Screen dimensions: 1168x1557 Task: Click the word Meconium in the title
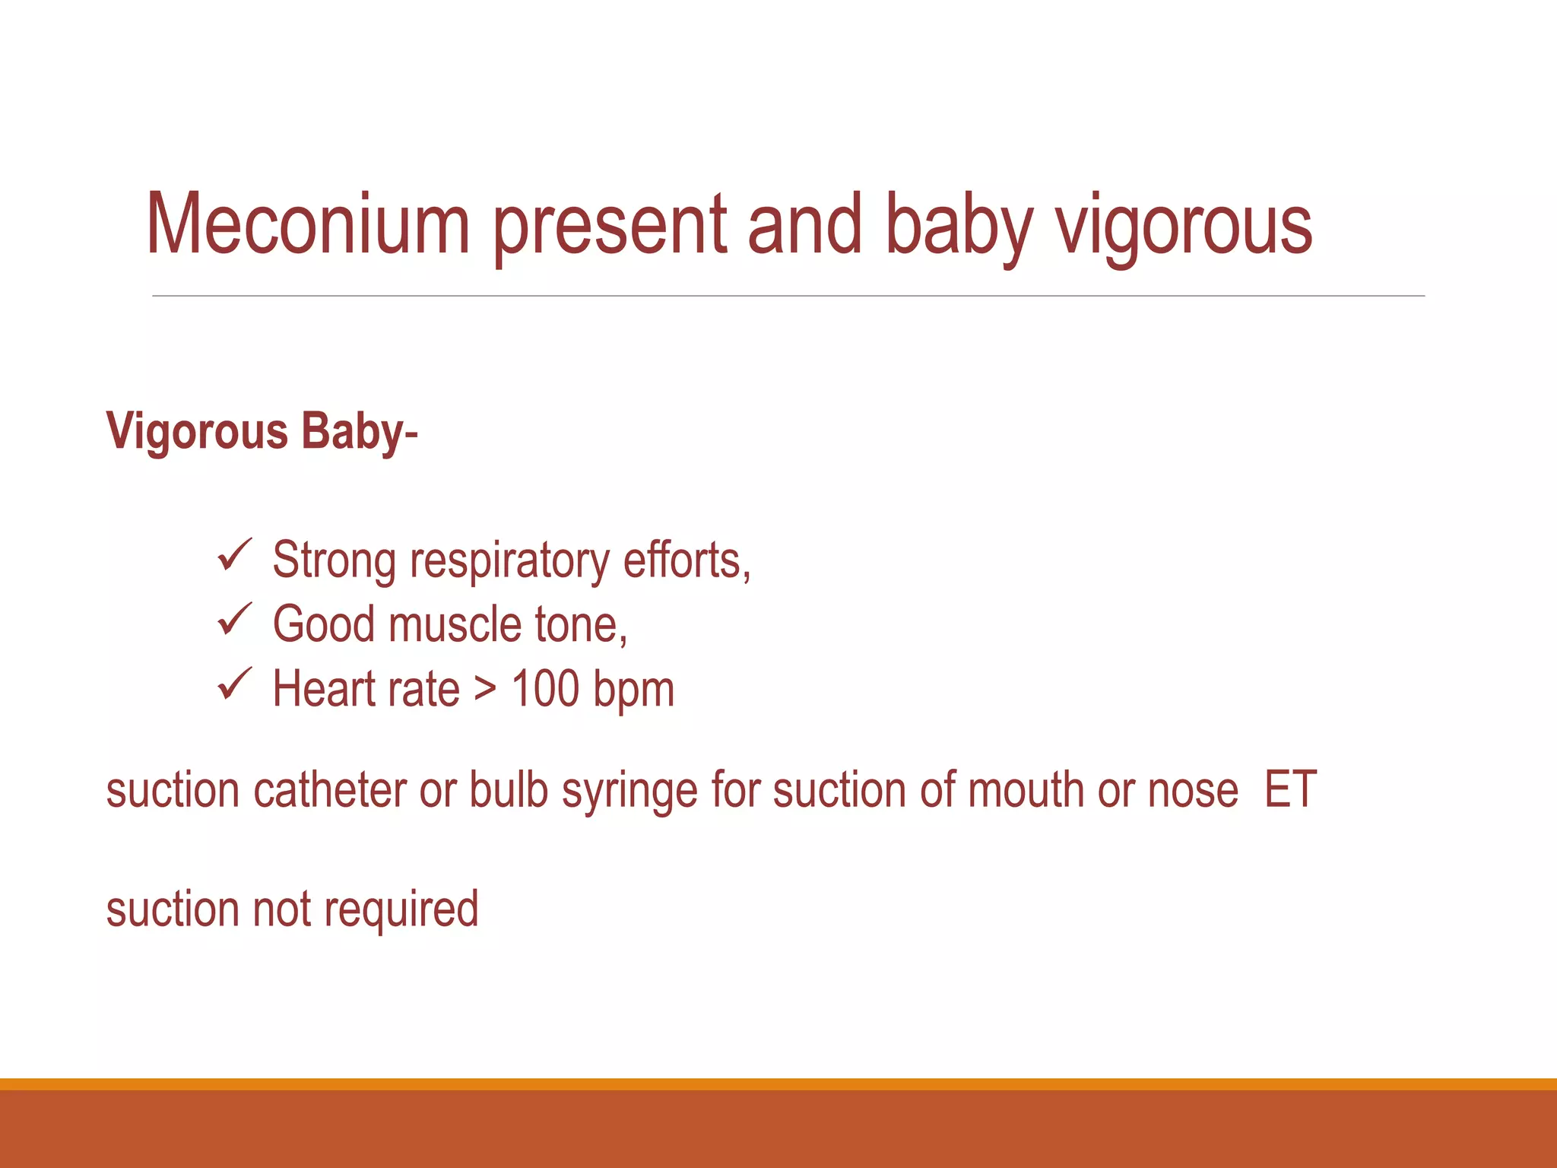(308, 224)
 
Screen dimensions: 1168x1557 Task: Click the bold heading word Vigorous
(197, 432)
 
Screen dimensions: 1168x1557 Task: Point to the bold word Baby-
(359, 432)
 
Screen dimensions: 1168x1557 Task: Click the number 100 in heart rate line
(545, 689)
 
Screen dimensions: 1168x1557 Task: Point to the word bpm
(633, 690)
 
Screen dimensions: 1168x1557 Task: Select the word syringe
(629, 792)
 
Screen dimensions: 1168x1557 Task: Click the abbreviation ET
(1290, 790)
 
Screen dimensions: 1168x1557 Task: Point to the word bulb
(509, 790)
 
